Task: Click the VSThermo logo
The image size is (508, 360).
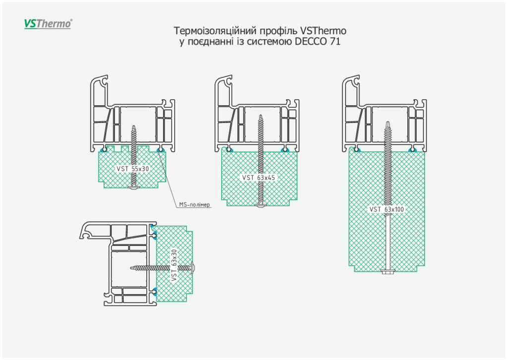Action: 48,23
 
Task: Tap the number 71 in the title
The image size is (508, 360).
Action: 335,42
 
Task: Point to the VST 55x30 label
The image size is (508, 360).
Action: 133,169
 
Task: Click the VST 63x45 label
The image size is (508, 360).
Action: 258,178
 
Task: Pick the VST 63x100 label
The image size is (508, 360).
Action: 387,209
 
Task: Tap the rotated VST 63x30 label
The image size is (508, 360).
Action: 174,265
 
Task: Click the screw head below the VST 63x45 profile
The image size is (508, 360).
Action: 261,204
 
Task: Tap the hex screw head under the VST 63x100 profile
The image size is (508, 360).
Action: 386,271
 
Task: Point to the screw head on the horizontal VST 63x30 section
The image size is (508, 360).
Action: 193,268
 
